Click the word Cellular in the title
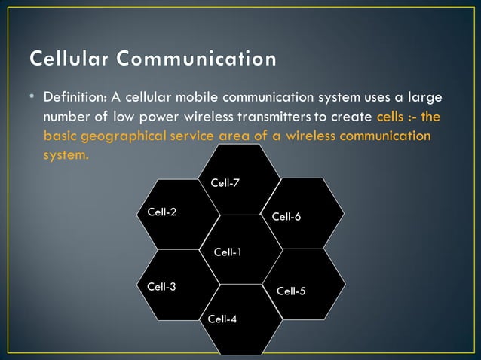[67, 58]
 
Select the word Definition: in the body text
[75, 98]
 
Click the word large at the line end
[424, 98]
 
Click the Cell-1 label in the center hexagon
[228, 252]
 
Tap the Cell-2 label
[161, 212]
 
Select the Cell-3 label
[161, 286]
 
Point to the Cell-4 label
[222, 319]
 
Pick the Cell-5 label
[291, 291]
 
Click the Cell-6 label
[286, 216]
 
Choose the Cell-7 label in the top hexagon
[225, 183]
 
